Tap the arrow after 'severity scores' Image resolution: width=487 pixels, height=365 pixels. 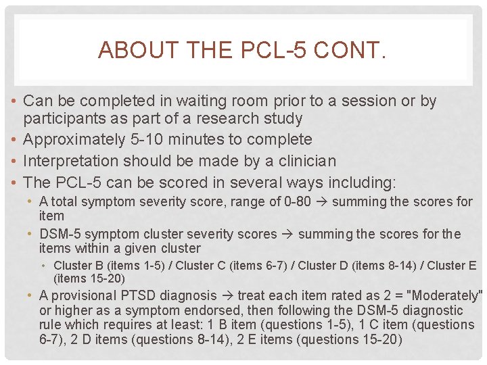pyautogui.click(x=287, y=235)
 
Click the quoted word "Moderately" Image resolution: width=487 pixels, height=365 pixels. pyautogui.click(x=445, y=295)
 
